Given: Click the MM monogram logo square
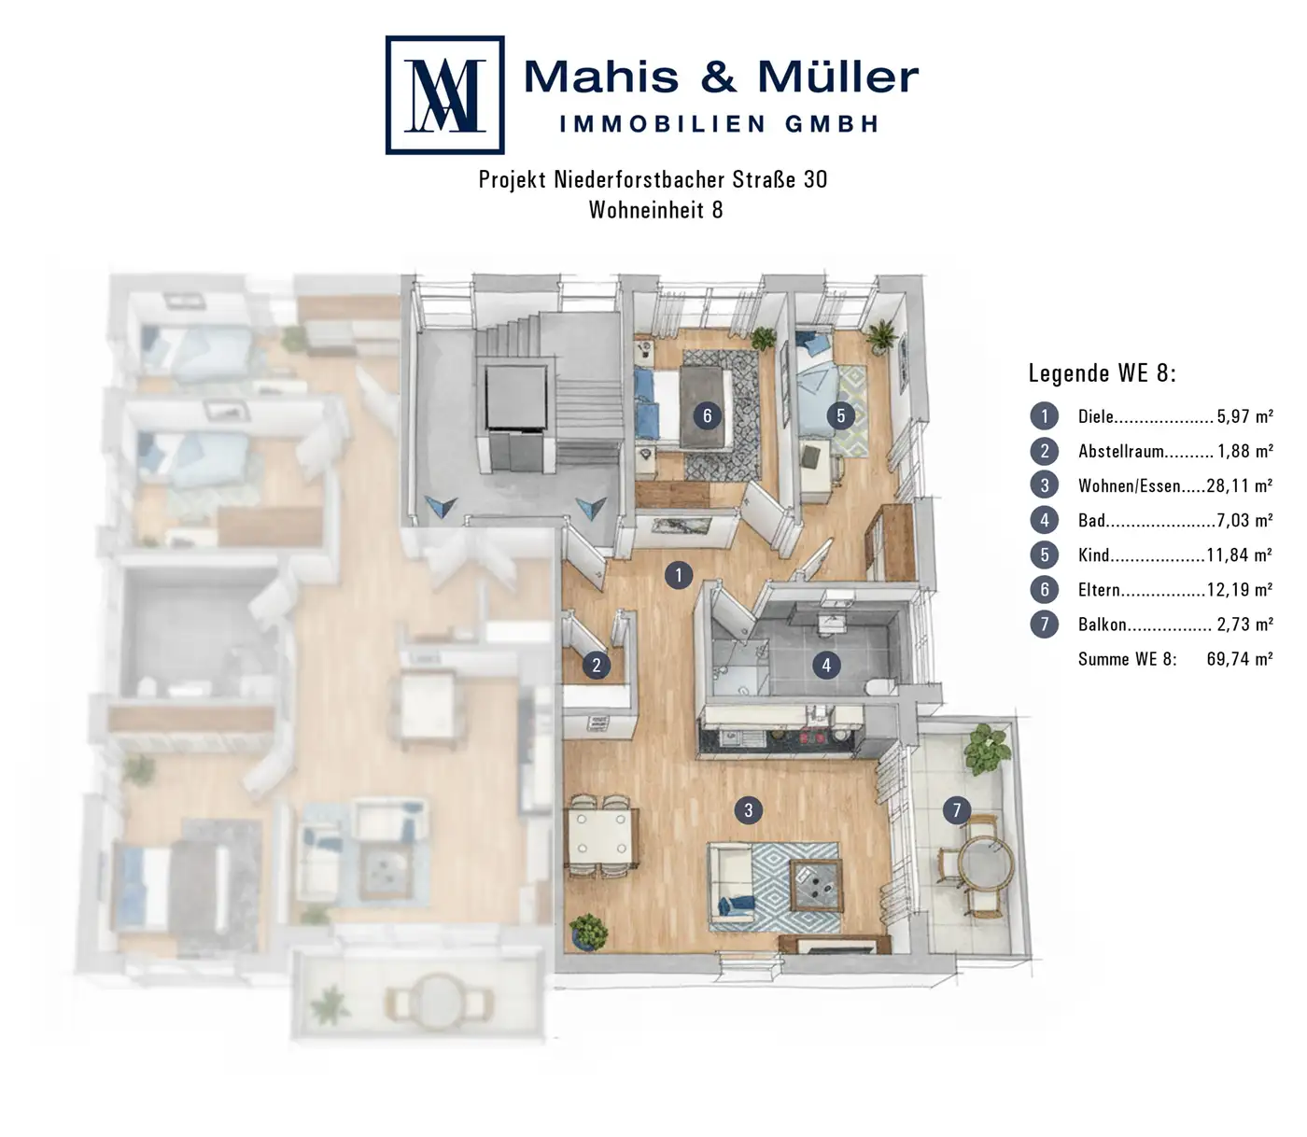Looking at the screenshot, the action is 444,95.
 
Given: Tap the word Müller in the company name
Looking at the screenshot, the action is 837,77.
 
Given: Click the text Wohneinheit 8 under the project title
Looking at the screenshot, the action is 655,209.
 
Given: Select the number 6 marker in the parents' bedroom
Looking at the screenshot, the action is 707,415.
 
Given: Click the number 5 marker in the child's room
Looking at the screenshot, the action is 840,415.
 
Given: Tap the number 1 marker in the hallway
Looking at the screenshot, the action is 679,576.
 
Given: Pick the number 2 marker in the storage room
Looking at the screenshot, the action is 597,666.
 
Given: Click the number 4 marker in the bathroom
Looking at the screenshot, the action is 826,666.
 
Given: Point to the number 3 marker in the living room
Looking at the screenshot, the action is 748,810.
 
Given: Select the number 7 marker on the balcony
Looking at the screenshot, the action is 956,810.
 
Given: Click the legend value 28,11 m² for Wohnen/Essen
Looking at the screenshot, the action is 1239,486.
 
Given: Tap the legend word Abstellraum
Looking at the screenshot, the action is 1120,452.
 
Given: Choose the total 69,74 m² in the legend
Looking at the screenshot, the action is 1239,658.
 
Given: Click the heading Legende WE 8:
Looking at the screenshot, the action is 1102,373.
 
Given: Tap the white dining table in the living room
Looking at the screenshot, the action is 601,835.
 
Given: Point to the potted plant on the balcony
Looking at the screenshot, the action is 987,749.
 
